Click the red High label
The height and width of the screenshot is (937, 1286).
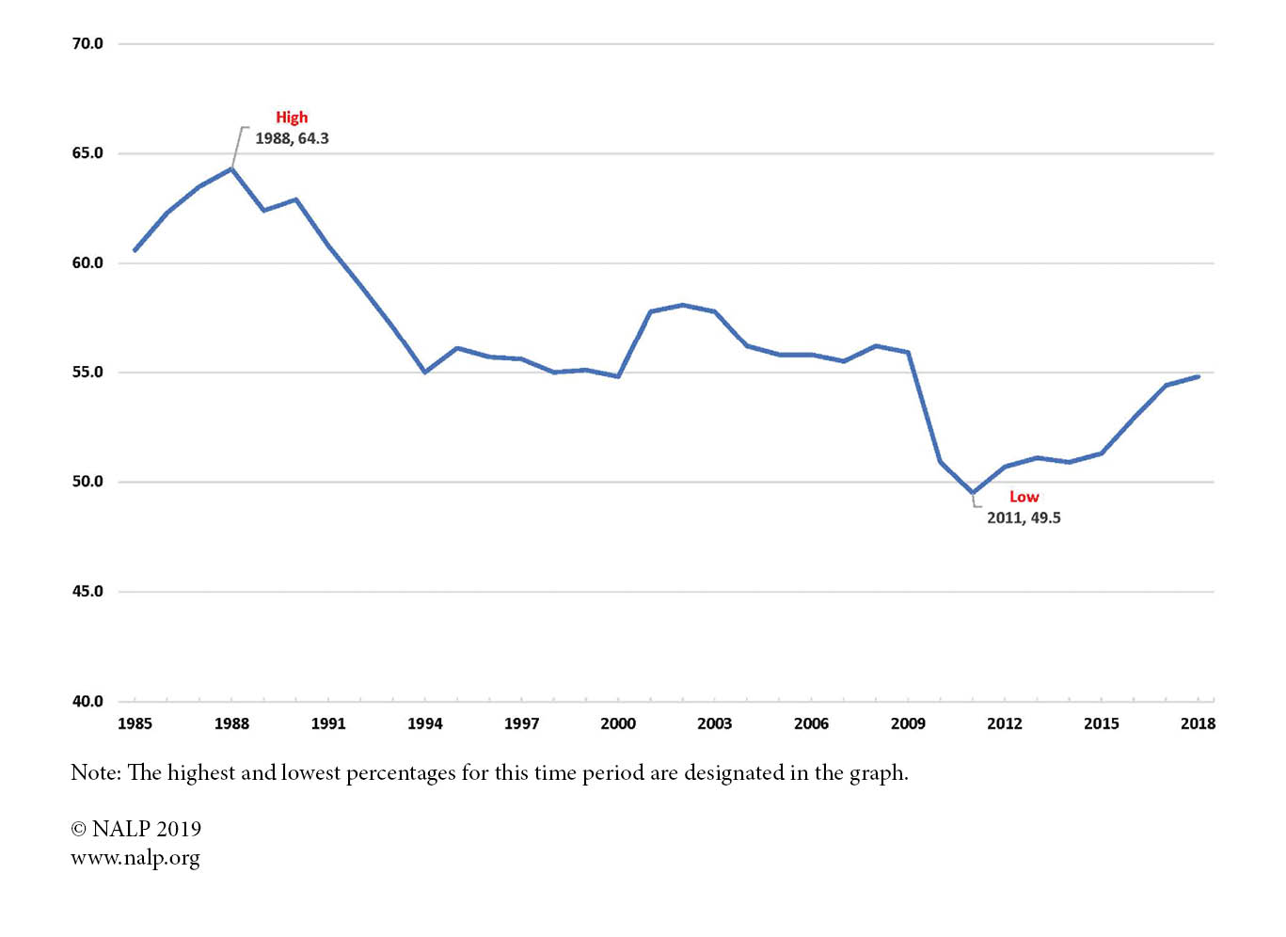coord(292,118)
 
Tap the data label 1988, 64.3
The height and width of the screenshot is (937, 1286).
coord(292,138)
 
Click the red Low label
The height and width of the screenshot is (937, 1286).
coord(1024,497)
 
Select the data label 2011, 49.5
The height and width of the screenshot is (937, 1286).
coord(1023,517)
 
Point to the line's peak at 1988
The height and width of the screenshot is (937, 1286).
coord(231,169)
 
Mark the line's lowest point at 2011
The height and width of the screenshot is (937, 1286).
coord(973,493)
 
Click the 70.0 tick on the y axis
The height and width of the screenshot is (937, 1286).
coord(87,43)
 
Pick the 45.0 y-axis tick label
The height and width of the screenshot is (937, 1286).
coord(87,592)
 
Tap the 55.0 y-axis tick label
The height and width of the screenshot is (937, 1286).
coord(87,373)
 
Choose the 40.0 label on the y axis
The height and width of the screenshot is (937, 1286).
coord(87,701)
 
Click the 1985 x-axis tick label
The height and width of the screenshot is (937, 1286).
coord(135,723)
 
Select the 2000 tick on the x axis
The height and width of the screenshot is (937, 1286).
coord(618,723)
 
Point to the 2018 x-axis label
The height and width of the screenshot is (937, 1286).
coord(1198,723)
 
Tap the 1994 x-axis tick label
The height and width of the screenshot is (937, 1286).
coord(424,723)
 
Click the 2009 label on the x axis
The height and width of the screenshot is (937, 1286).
coord(908,723)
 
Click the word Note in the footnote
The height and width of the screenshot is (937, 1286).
coord(95,773)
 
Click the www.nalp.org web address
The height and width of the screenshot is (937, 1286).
coord(135,858)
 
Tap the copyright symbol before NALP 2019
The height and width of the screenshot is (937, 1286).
coord(79,829)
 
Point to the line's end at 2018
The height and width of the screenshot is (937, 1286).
coord(1198,376)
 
